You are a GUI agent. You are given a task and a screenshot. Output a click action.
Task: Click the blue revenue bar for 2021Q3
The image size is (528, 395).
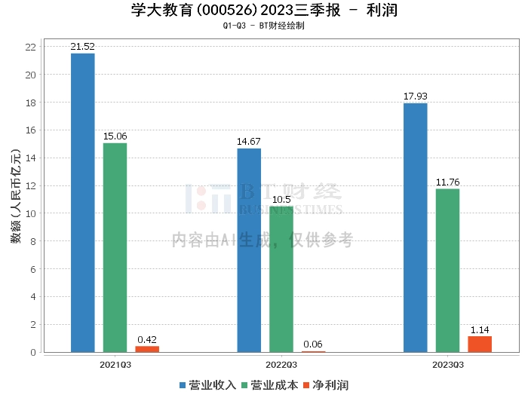[82, 203]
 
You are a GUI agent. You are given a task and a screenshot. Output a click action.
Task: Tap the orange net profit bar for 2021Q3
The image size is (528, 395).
[147, 349]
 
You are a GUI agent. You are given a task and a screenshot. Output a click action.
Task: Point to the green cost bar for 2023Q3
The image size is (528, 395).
[447, 271]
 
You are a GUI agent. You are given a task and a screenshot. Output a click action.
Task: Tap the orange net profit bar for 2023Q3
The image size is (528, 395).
[480, 344]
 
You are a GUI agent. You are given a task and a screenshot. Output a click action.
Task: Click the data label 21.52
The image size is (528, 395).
[82, 47]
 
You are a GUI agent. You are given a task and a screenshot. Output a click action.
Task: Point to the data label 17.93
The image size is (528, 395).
[415, 96]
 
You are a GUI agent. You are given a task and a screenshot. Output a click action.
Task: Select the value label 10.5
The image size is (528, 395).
[281, 200]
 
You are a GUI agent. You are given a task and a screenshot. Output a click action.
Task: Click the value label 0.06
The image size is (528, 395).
[314, 344]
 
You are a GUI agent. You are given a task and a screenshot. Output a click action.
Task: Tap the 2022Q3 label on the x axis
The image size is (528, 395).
[281, 365]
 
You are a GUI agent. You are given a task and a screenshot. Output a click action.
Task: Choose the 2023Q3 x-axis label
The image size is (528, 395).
[447, 365]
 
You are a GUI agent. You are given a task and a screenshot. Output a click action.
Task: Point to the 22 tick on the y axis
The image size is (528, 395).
[31, 47]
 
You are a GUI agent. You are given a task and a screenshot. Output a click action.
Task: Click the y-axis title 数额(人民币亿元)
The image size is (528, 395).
[15, 198]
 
